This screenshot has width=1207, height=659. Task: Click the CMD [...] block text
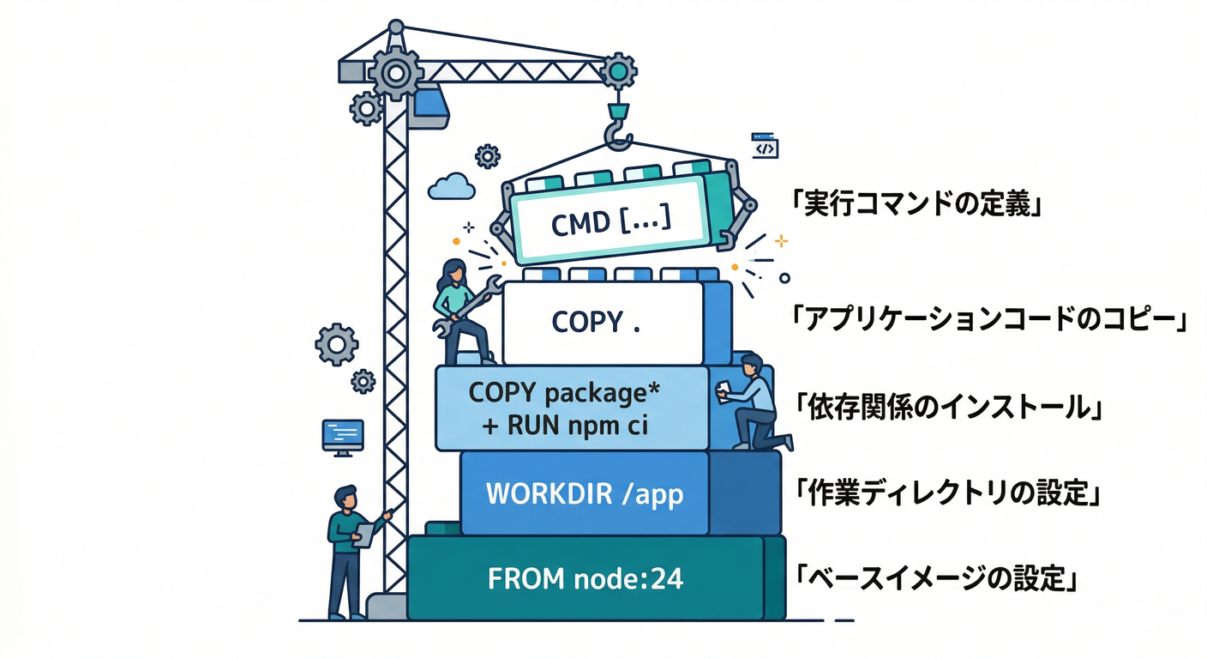pyautogui.click(x=610, y=223)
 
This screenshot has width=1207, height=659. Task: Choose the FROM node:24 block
pyautogui.click(x=585, y=578)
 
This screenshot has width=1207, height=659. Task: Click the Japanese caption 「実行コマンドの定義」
pyautogui.click(x=916, y=207)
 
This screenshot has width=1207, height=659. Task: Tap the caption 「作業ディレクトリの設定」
pyautogui.click(x=947, y=494)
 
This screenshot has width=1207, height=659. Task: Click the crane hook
pyautogui.click(x=616, y=129)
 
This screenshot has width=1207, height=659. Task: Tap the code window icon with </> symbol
pyautogui.click(x=764, y=147)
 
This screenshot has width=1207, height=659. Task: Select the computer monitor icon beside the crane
pyautogui.click(x=342, y=436)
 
